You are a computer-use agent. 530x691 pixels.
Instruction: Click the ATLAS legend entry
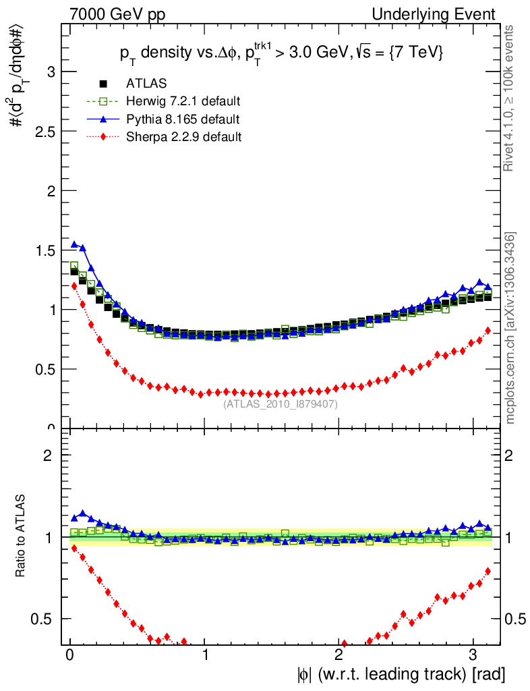pos(146,84)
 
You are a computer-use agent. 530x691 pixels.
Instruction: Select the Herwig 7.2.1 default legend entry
pos(183,101)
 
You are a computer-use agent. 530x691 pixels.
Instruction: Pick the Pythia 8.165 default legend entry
pos(182,119)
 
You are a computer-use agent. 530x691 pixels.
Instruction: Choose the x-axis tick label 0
pos(70,655)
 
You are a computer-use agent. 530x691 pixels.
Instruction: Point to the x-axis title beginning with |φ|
pos(399,673)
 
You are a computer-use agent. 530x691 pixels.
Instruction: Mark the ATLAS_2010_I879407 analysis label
pos(281,404)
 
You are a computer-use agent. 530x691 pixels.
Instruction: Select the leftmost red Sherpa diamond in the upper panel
pos(74,285)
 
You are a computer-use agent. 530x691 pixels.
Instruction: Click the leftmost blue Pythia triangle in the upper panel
pos(74,244)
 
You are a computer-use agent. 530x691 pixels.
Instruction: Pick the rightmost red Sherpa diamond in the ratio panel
pos(488,572)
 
